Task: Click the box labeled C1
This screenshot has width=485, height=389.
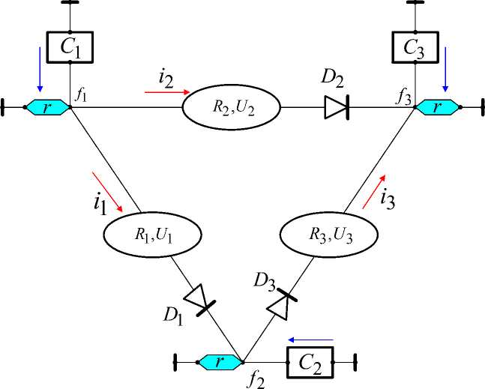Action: (70, 47)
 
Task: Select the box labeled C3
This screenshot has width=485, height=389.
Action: (415, 47)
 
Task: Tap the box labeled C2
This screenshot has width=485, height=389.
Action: (310, 363)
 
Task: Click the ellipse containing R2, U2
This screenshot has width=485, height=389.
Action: (232, 107)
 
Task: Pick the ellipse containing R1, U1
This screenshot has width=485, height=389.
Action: (152, 235)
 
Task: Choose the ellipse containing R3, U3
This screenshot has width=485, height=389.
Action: (329, 235)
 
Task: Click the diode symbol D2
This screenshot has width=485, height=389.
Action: (337, 107)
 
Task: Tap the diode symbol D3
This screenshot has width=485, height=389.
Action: (282, 304)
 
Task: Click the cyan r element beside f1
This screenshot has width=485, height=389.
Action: (47, 107)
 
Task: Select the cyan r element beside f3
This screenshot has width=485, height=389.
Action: (437, 107)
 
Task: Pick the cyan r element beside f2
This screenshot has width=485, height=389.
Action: (220, 362)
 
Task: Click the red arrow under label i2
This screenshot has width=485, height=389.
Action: (167, 92)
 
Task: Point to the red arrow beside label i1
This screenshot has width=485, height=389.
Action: (108, 192)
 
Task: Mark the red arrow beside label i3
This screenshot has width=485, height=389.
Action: (374, 191)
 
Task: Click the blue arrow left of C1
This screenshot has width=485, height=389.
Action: (40, 70)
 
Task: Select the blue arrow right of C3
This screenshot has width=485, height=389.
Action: (445, 70)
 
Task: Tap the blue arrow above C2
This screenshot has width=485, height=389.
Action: (310, 340)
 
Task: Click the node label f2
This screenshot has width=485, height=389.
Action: (256, 380)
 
